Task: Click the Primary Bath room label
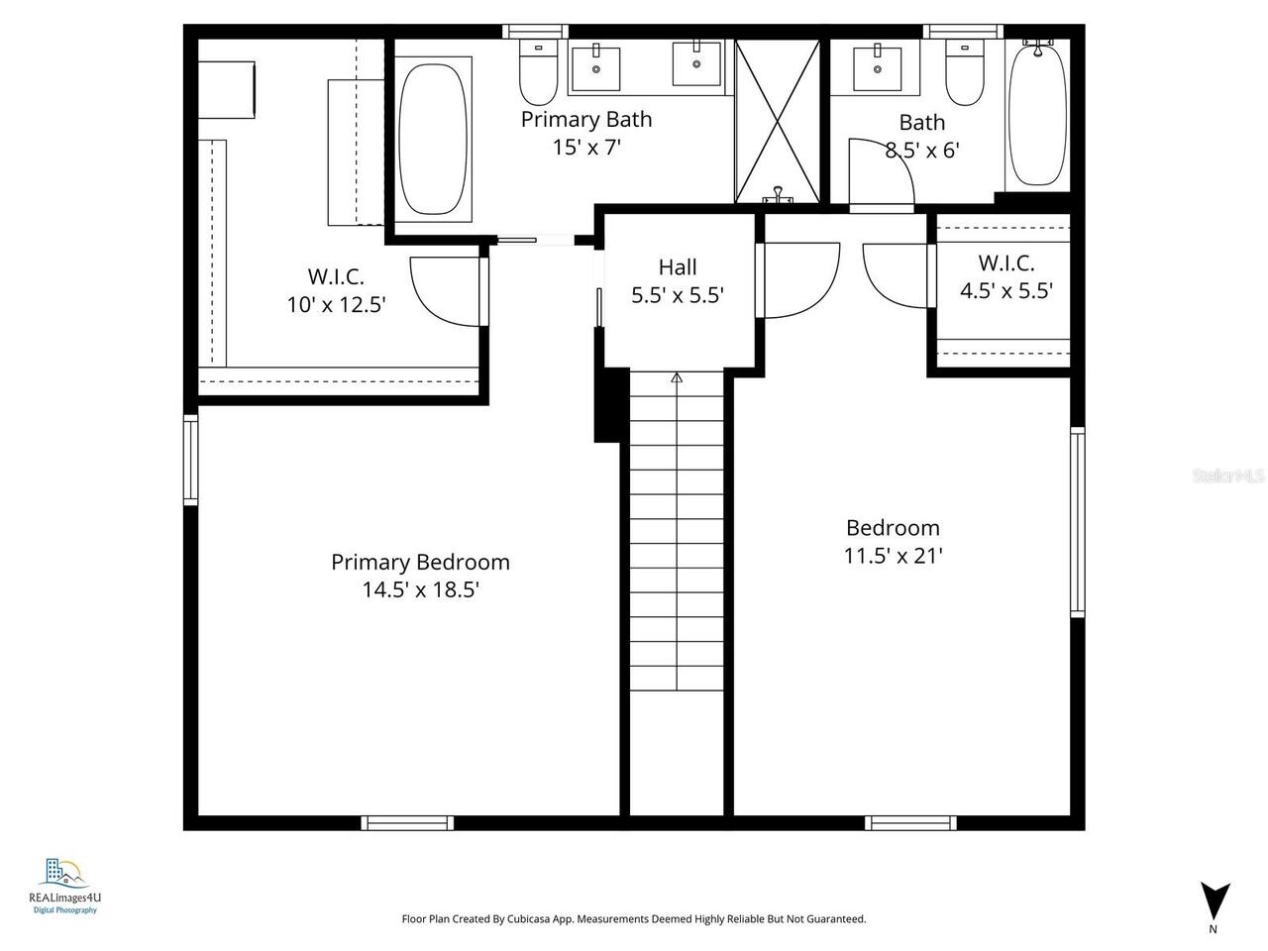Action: click(x=586, y=120)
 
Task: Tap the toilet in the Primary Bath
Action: click(x=538, y=72)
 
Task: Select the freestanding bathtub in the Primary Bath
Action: click(x=434, y=138)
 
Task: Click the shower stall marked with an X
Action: click(x=778, y=120)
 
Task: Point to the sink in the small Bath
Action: click(x=878, y=67)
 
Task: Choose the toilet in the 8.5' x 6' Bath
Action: click(x=963, y=73)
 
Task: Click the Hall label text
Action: click(x=678, y=266)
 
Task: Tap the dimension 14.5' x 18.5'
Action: click(x=420, y=590)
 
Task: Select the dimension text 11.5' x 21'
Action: click(x=893, y=556)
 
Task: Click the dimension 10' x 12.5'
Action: click(x=336, y=305)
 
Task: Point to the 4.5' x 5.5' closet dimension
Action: click(x=1005, y=291)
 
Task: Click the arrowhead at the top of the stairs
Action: click(x=677, y=377)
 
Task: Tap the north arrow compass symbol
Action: click(x=1215, y=898)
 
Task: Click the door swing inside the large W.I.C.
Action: click(x=444, y=288)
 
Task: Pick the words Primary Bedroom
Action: click(x=420, y=562)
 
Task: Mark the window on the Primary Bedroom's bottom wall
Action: click(x=407, y=822)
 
